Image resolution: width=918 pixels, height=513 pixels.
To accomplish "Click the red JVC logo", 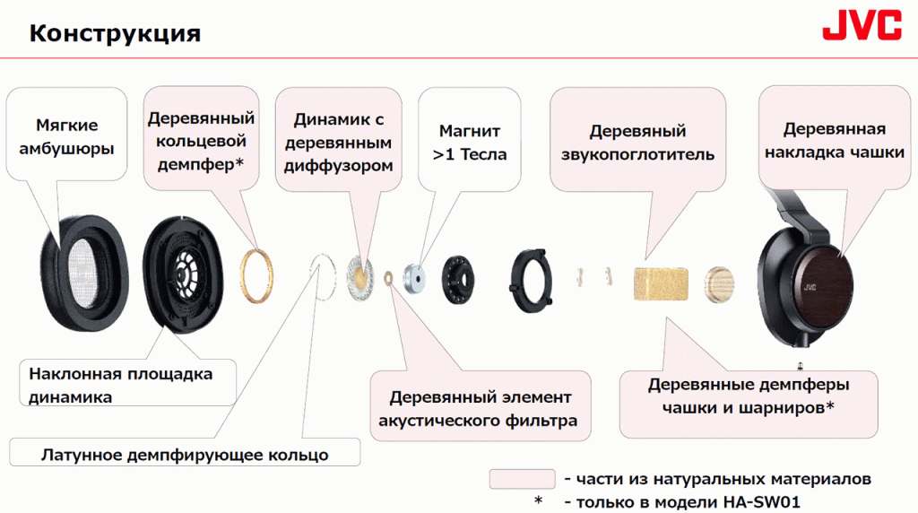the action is [x=862, y=25].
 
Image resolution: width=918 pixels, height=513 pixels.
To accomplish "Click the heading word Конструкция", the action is [x=115, y=33].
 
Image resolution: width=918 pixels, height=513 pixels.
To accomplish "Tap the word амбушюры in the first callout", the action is [x=66, y=149].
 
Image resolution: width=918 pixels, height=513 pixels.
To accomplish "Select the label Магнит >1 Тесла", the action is [x=470, y=143].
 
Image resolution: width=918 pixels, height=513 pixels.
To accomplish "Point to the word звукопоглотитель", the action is [x=637, y=154].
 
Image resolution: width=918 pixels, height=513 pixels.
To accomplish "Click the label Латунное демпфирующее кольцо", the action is [x=185, y=455].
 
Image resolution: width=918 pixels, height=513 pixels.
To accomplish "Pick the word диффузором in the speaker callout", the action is [x=338, y=166].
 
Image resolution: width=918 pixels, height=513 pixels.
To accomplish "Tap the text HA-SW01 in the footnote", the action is [x=761, y=502].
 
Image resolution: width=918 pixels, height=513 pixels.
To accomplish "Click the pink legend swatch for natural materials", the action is [x=523, y=478].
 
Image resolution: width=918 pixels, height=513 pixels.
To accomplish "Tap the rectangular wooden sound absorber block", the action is [x=661, y=284].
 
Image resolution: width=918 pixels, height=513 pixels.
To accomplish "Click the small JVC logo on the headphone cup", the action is [x=810, y=287].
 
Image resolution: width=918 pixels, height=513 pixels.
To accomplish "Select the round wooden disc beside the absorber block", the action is [x=719, y=284].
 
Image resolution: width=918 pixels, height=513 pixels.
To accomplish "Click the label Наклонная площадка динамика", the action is [x=121, y=386].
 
